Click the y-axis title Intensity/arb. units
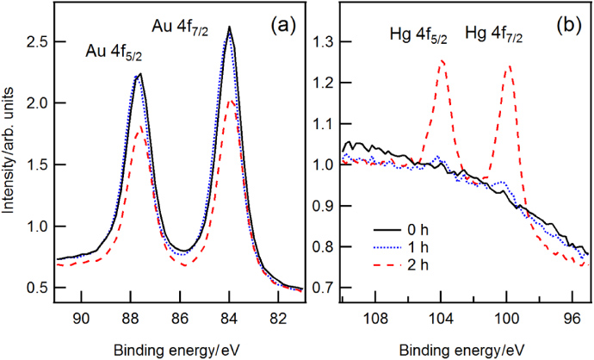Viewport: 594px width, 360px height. (x=10, y=158)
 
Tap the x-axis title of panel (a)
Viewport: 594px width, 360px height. (x=176, y=350)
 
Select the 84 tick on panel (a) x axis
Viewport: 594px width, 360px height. (x=229, y=318)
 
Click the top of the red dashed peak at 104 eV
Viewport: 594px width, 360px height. (x=442, y=60)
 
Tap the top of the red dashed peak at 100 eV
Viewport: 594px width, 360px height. (x=509, y=65)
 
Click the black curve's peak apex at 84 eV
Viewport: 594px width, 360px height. (x=230, y=27)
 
